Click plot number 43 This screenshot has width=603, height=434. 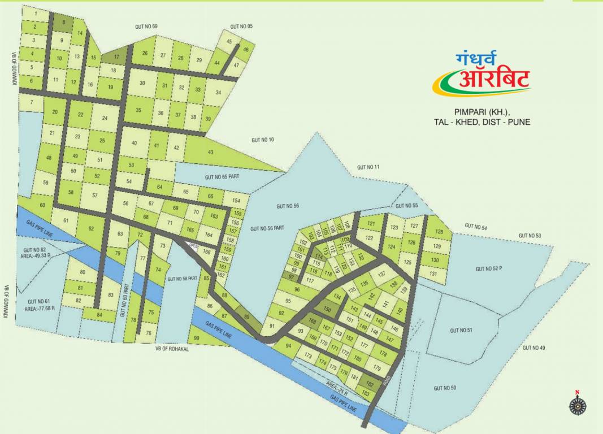click(x=211, y=152)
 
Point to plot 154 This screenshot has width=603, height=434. click(x=236, y=201)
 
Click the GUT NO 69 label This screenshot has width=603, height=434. click(x=146, y=27)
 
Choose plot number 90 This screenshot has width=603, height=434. click(x=196, y=338)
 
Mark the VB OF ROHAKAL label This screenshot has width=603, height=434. click(x=171, y=349)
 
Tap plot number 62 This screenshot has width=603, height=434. click(x=91, y=228)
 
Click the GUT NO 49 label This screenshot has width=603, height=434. click(x=533, y=348)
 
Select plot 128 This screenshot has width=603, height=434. click(x=439, y=232)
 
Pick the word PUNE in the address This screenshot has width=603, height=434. click(x=519, y=121)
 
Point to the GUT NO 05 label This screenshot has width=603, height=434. click(x=241, y=27)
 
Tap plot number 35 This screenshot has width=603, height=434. click(x=138, y=110)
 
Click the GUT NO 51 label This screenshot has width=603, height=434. click(x=461, y=330)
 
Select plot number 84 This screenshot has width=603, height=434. click(x=99, y=314)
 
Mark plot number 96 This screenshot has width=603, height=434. click(x=297, y=289)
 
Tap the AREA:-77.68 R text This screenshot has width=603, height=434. click(x=39, y=309)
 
